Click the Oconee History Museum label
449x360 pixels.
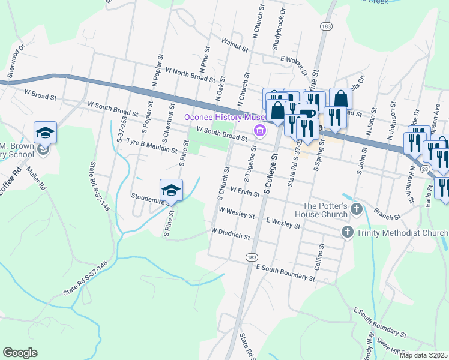tap(224, 117)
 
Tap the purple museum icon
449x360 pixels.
tap(260, 131)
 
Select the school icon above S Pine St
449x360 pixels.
tap(171, 190)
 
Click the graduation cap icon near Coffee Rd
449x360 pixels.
tap(45, 132)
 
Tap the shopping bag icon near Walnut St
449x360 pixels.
tap(340, 98)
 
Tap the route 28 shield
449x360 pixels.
tap(423, 172)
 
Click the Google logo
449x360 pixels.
tap(20, 353)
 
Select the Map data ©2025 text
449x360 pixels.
tap(423, 355)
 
